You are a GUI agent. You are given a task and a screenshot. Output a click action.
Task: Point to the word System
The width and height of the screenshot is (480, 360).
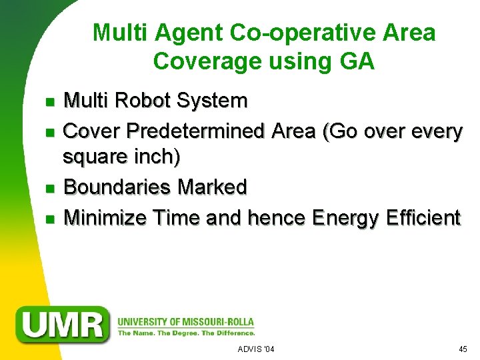click(x=214, y=101)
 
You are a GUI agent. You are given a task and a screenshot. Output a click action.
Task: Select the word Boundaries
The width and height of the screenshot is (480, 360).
click(x=117, y=187)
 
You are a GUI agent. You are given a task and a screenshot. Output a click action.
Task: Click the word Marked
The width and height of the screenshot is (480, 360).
click(x=212, y=187)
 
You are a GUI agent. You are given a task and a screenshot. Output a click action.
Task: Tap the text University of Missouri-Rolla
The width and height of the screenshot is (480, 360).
click(x=185, y=322)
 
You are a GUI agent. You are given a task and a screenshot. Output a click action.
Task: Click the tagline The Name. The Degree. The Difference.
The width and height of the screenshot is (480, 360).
click(x=186, y=333)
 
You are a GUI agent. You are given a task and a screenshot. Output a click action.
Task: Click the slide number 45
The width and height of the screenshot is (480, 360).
click(x=463, y=349)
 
